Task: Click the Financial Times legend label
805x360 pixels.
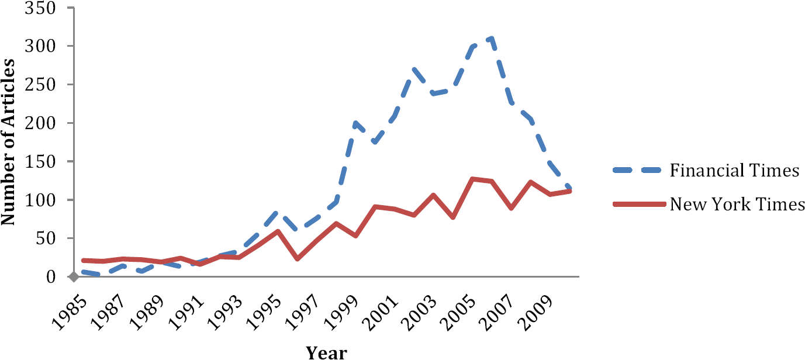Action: (734, 171)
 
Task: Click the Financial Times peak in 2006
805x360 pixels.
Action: (492, 39)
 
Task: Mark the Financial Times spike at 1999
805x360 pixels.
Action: (355, 123)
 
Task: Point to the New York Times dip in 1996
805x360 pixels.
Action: (297, 258)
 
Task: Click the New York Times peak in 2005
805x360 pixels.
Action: (472, 179)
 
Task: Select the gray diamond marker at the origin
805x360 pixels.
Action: (73, 277)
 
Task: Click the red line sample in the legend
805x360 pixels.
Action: (639, 205)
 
